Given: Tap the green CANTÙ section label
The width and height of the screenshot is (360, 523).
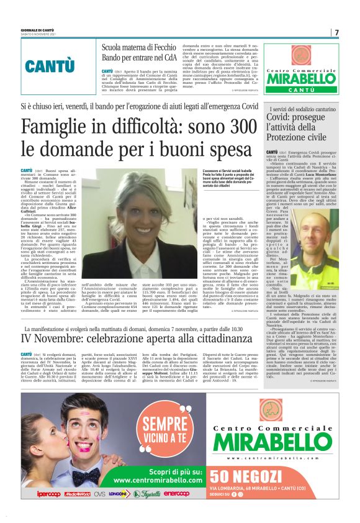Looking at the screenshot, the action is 50,65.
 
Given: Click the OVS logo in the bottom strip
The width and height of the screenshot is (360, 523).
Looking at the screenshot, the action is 99,494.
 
